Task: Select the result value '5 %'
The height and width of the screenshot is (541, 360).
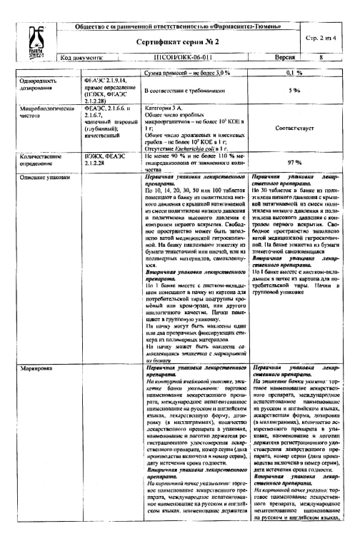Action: [294, 91]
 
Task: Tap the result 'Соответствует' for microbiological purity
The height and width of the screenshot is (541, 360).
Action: [294, 129]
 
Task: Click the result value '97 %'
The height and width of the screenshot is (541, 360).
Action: [294, 162]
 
